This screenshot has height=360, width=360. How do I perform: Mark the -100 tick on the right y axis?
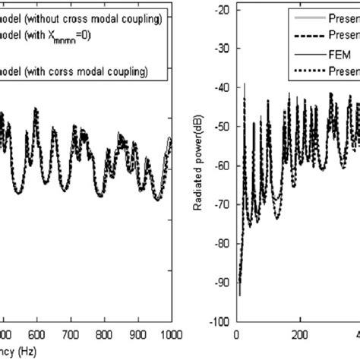[x=222, y=322]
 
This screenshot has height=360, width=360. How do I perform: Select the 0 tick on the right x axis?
[x=238, y=332]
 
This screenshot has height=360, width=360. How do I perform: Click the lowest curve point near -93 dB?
[x=240, y=295]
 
